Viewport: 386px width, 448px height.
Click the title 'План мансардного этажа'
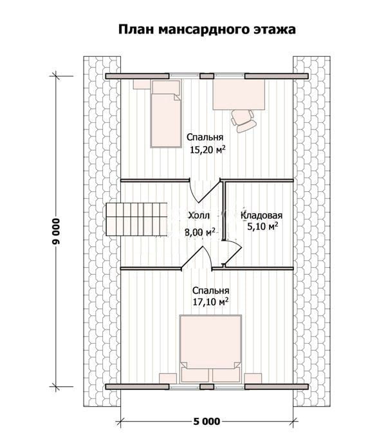[x=207, y=30]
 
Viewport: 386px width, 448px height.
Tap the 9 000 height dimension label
[x=57, y=232]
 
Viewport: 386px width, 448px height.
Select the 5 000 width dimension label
[x=207, y=422]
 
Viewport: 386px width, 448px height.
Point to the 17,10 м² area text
[x=211, y=302]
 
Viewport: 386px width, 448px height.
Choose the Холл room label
[x=199, y=216]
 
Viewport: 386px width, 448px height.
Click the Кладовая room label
[x=262, y=215]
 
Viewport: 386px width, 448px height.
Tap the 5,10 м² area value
[x=262, y=227]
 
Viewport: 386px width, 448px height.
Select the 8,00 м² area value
[x=200, y=232]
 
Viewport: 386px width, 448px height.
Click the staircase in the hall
[x=137, y=219]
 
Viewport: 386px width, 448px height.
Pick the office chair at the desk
[x=244, y=121]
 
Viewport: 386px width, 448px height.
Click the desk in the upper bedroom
[x=239, y=95]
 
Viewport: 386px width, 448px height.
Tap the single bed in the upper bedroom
[x=166, y=114]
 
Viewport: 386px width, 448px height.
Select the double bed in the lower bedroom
[x=211, y=349]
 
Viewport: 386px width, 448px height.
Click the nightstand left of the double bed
[x=168, y=378]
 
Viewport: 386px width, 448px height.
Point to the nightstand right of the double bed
[x=253, y=378]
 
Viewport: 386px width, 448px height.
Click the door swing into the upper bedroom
[x=205, y=192]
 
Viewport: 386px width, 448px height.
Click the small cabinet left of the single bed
[x=142, y=84]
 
